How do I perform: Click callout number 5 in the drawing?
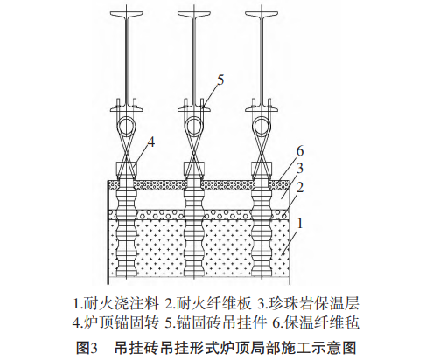coord(220,80)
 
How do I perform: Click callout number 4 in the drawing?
coord(150,142)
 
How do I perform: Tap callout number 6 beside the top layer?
coord(300,151)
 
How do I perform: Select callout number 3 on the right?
coord(299,169)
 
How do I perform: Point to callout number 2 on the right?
coord(299,187)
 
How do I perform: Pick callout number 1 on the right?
coord(299,224)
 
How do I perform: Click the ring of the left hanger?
coord(127,126)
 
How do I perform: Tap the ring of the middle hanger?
coord(194,126)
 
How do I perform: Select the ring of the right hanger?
coord(262,126)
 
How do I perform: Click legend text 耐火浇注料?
coord(122,303)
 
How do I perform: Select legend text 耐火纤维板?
coord(213,303)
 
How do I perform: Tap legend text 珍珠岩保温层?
coord(314,303)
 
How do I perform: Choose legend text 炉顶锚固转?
coord(122,322)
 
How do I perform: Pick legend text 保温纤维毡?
coord(322,322)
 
